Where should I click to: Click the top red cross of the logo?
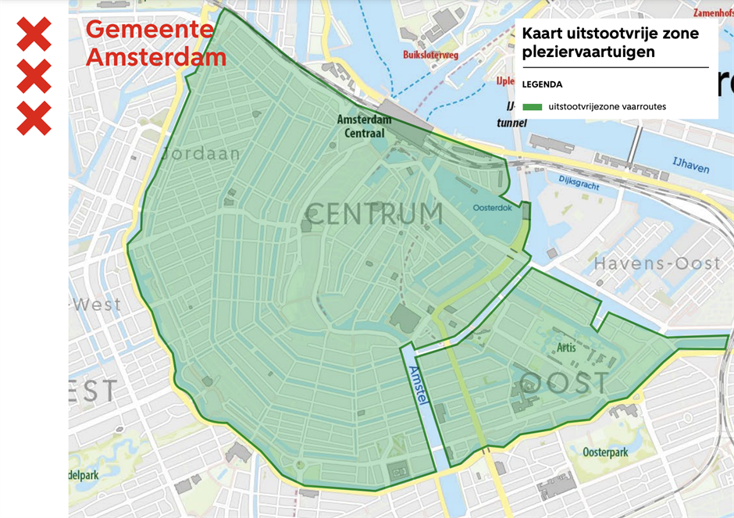coord(34,34)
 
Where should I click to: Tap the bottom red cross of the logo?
coord(34,118)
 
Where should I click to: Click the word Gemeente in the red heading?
coord(149,29)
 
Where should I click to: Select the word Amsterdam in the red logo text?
coord(156,57)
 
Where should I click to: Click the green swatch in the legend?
coord(533,106)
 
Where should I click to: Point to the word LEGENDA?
coord(542,84)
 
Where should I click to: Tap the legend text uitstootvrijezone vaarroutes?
coord(607,106)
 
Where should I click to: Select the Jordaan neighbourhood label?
coord(201,154)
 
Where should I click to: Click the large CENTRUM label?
coord(374,213)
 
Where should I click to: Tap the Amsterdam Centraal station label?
coord(364,127)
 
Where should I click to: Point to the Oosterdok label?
coord(493,208)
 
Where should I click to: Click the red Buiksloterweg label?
coord(430,55)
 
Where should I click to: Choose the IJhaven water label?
coord(691,165)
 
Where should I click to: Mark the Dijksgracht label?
coord(579,180)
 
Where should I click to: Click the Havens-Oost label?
coord(657,264)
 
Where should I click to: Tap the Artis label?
coord(566,347)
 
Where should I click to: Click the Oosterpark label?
coord(605,452)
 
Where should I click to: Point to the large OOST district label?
coord(564,383)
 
